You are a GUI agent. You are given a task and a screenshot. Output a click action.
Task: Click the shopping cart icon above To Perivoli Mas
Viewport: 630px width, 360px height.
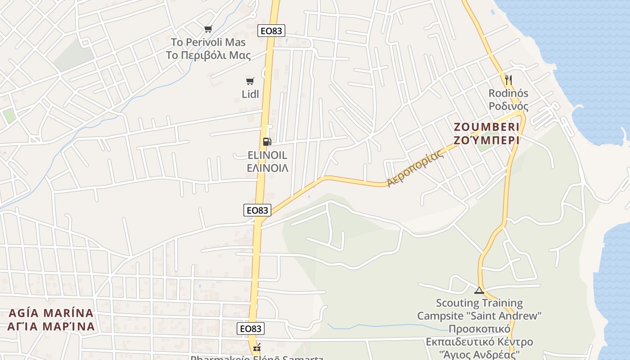(x=208, y=29)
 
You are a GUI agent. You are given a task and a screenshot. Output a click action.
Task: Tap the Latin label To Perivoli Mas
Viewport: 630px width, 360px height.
(x=208, y=42)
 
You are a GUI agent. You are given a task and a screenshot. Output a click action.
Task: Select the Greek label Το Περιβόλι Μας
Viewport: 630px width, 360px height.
(x=208, y=55)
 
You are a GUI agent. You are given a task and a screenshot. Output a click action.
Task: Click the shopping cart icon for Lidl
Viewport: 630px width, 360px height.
(x=250, y=81)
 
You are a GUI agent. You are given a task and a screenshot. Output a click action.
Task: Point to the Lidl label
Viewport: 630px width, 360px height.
(x=250, y=94)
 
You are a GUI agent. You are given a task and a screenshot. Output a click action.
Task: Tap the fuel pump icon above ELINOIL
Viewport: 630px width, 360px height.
(x=267, y=142)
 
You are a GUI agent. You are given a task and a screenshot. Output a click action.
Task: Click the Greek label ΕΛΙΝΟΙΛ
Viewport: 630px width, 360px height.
(x=268, y=168)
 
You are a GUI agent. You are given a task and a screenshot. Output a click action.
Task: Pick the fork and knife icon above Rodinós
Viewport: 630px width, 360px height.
(x=508, y=80)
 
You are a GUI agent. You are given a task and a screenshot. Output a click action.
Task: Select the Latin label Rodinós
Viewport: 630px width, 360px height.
(x=508, y=93)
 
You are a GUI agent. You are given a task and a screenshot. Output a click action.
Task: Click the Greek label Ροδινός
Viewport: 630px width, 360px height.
(x=508, y=106)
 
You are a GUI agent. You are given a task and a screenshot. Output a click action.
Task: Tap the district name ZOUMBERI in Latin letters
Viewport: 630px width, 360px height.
(x=486, y=127)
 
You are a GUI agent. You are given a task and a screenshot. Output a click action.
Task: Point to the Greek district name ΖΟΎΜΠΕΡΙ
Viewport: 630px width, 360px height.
(x=486, y=140)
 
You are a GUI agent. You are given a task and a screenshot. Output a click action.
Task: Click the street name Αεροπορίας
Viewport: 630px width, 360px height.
(x=415, y=167)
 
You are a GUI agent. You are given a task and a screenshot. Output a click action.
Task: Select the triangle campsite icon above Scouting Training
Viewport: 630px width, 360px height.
(x=479, y=290)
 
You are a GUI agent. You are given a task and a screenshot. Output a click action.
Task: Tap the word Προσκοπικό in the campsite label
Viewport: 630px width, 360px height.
(x=479, y=328)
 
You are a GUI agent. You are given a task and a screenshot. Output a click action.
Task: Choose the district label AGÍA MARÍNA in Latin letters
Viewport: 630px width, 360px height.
(x=51, y=313)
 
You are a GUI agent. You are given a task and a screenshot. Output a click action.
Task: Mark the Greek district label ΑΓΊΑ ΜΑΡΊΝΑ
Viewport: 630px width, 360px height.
(x=51, y=326)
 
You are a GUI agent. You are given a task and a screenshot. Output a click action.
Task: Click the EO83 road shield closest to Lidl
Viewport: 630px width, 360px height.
(x=271, y=31)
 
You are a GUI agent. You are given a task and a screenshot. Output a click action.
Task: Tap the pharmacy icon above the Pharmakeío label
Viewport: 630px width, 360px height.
(x=257, y=348)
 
